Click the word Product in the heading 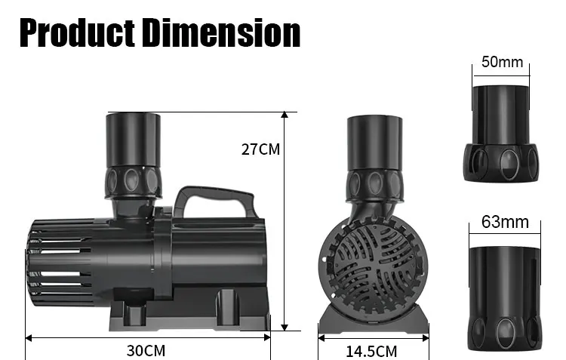click(x=78, y=33)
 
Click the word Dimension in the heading click(x=221, y=33)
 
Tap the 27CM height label click(x=260, y=149)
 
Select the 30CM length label click(x=146, y=351)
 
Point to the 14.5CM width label click(x=371, y=352)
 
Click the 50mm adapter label click(x=502, y=62)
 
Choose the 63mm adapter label click(x=505, y=222)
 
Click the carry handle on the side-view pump click(x=215, y=201)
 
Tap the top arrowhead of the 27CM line click(x=285, y=115)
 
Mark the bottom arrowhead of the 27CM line click(x=285, y=328)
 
